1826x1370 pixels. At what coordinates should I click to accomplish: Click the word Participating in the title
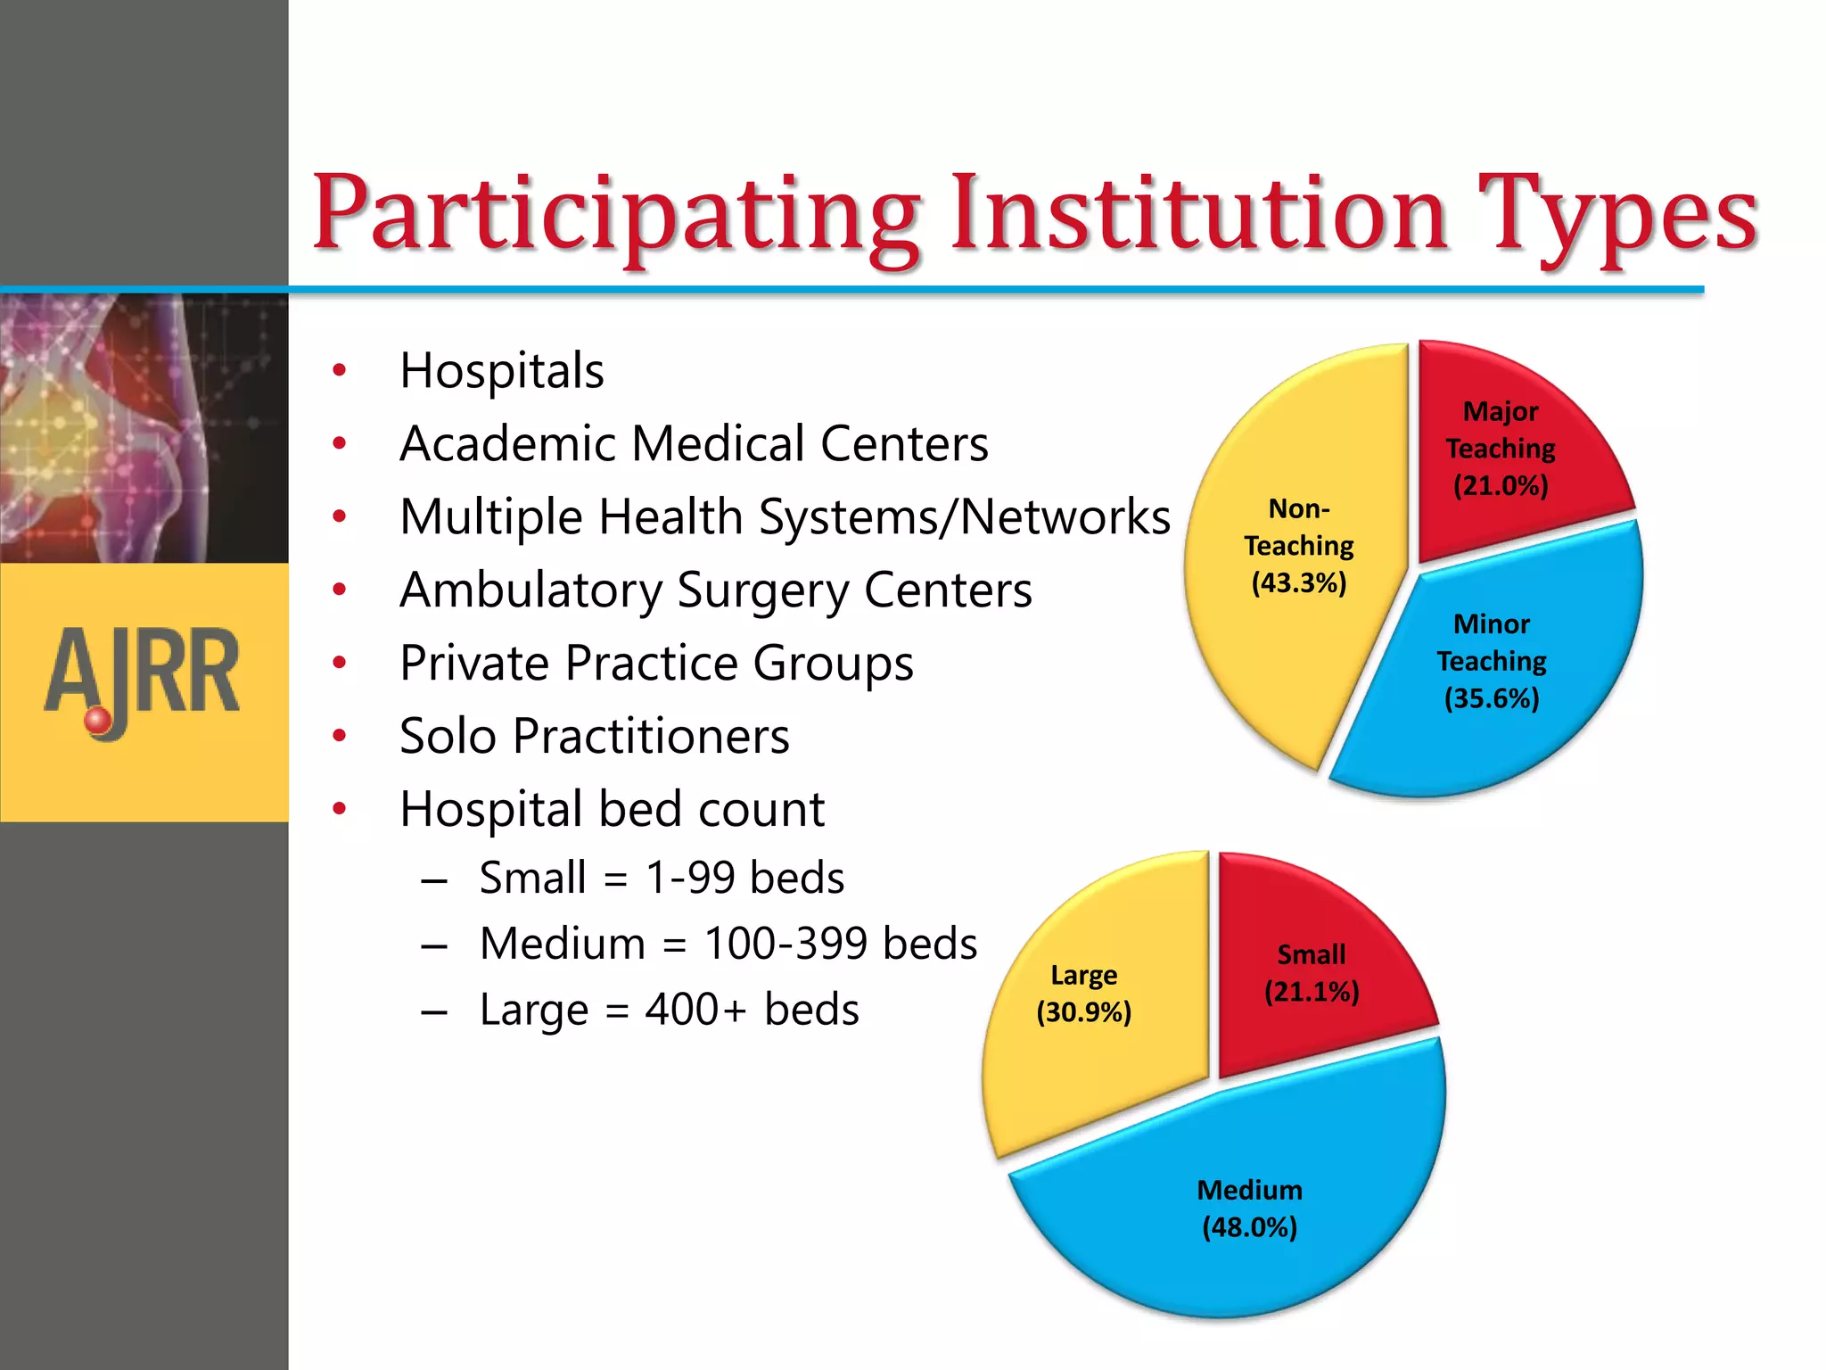tap(615, 214)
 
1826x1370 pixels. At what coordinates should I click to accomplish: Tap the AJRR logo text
tap(143, 673)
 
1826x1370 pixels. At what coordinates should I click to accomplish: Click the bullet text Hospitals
tap(501, 371)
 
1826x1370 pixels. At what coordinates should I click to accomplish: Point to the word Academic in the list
tap(506, 444)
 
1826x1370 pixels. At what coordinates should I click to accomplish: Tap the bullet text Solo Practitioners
tap(594, 737)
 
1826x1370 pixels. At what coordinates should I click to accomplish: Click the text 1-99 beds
tap(744, 878)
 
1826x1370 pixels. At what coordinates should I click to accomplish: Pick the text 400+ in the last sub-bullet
tap(695, 1010)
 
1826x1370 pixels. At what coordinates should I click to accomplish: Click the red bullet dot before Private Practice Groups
tap(339, 663)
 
